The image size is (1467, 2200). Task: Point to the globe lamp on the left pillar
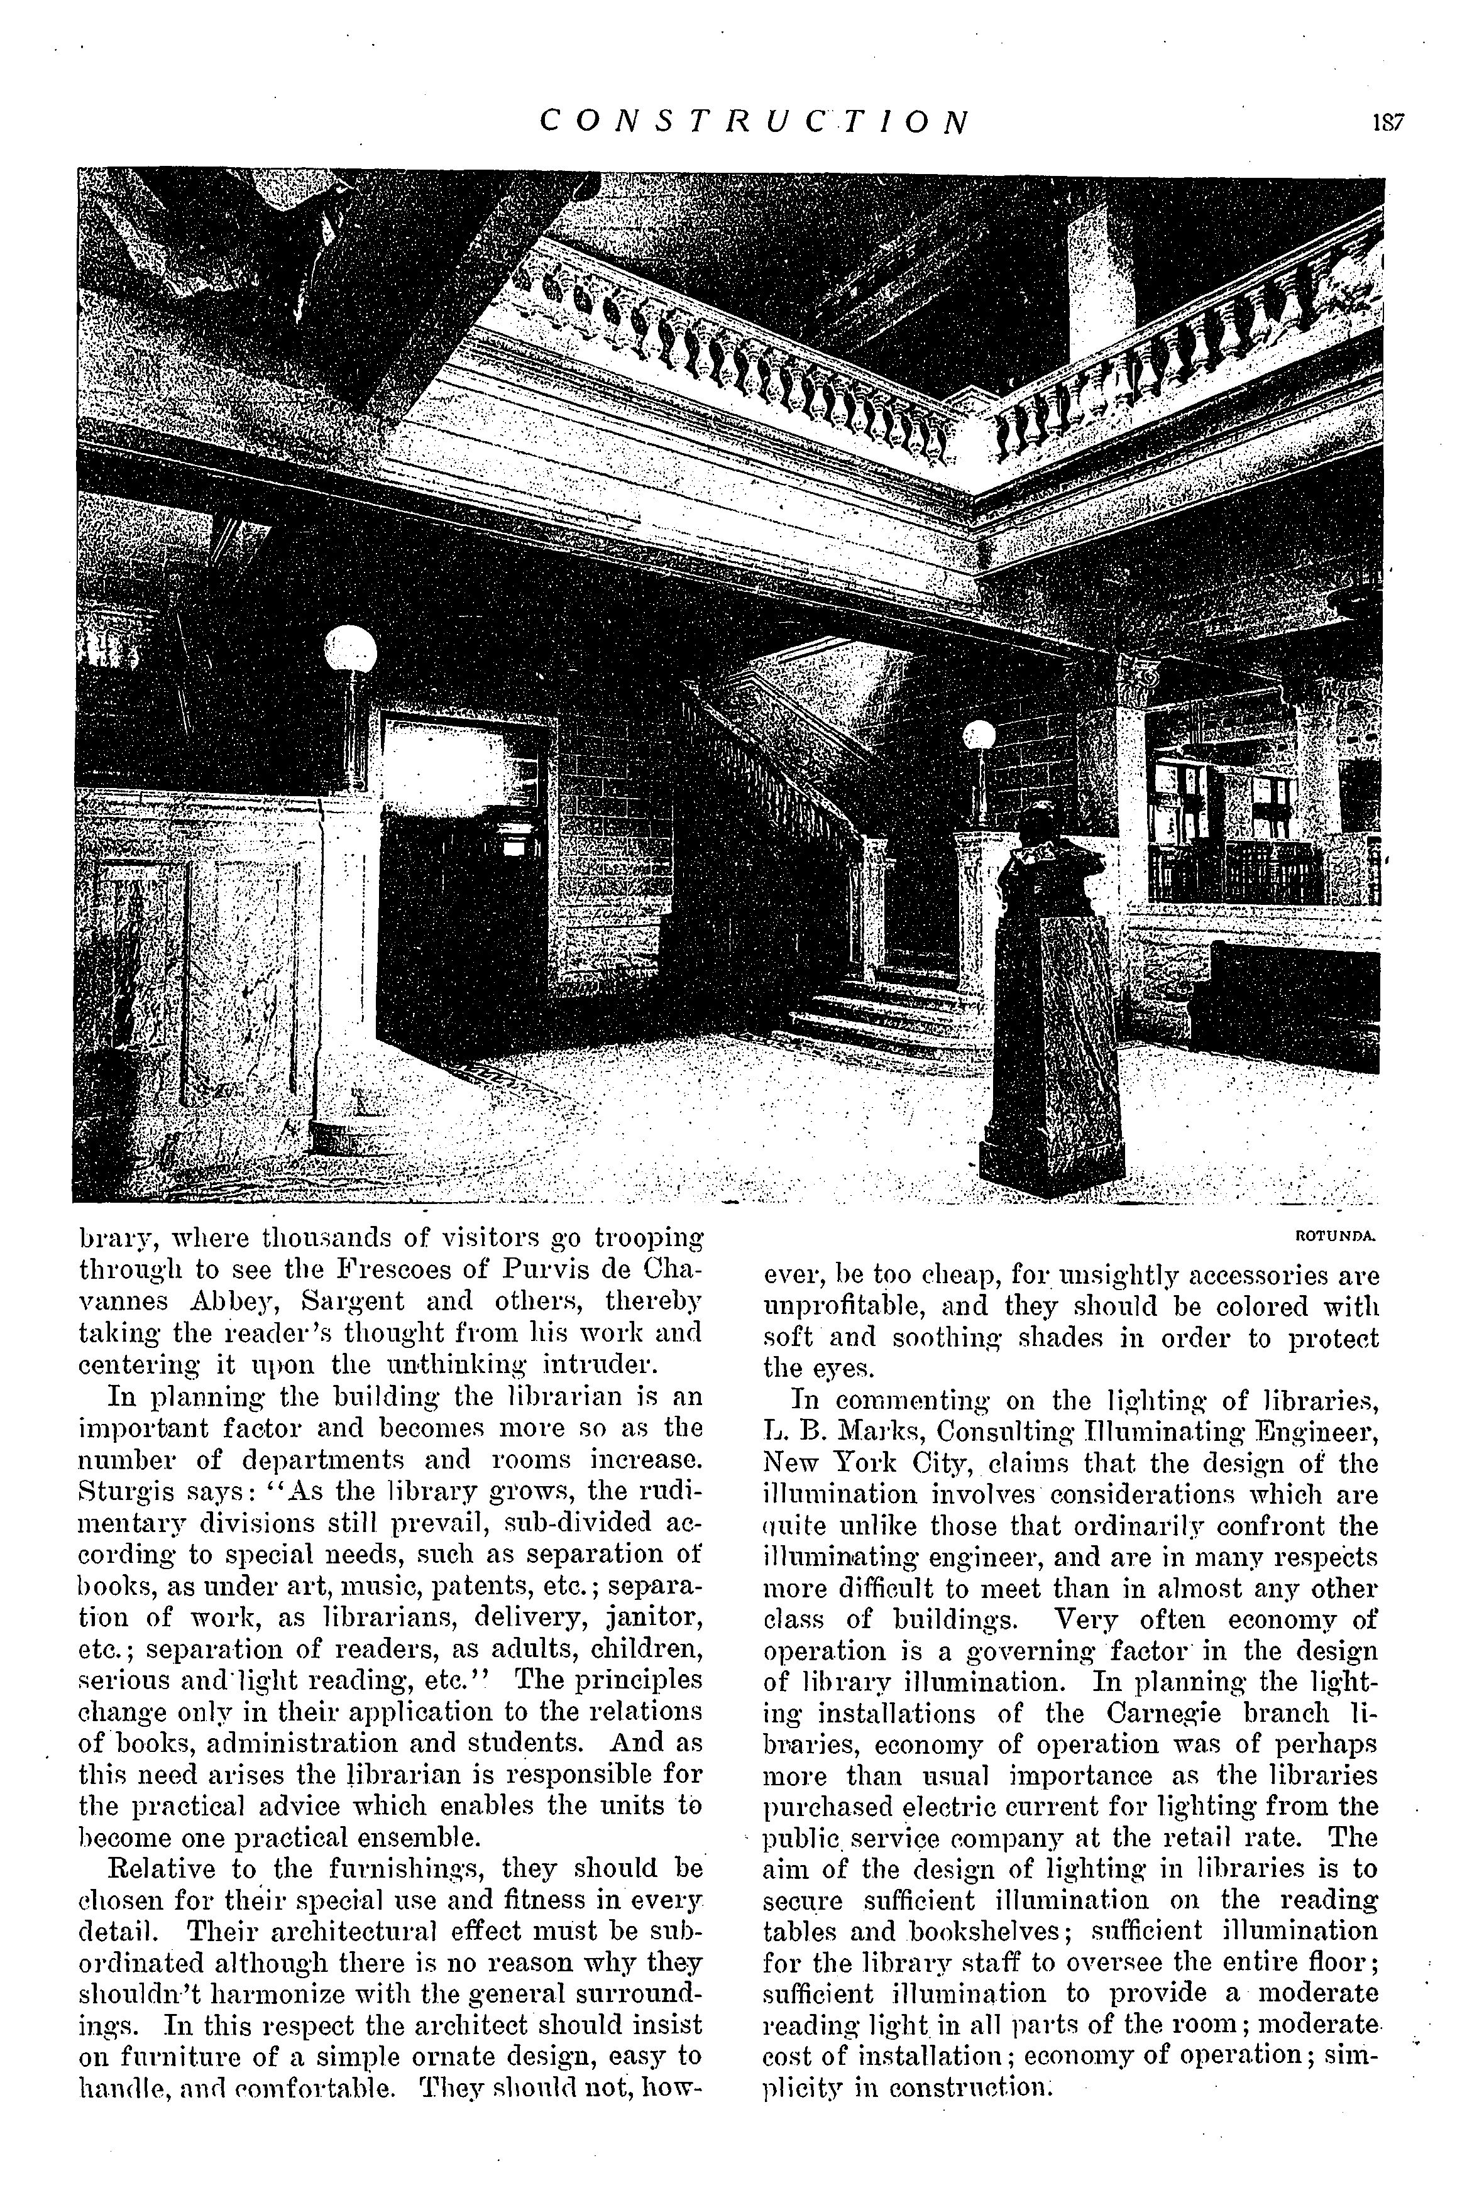point(351,649)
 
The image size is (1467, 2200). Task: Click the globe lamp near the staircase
point(979,735)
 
